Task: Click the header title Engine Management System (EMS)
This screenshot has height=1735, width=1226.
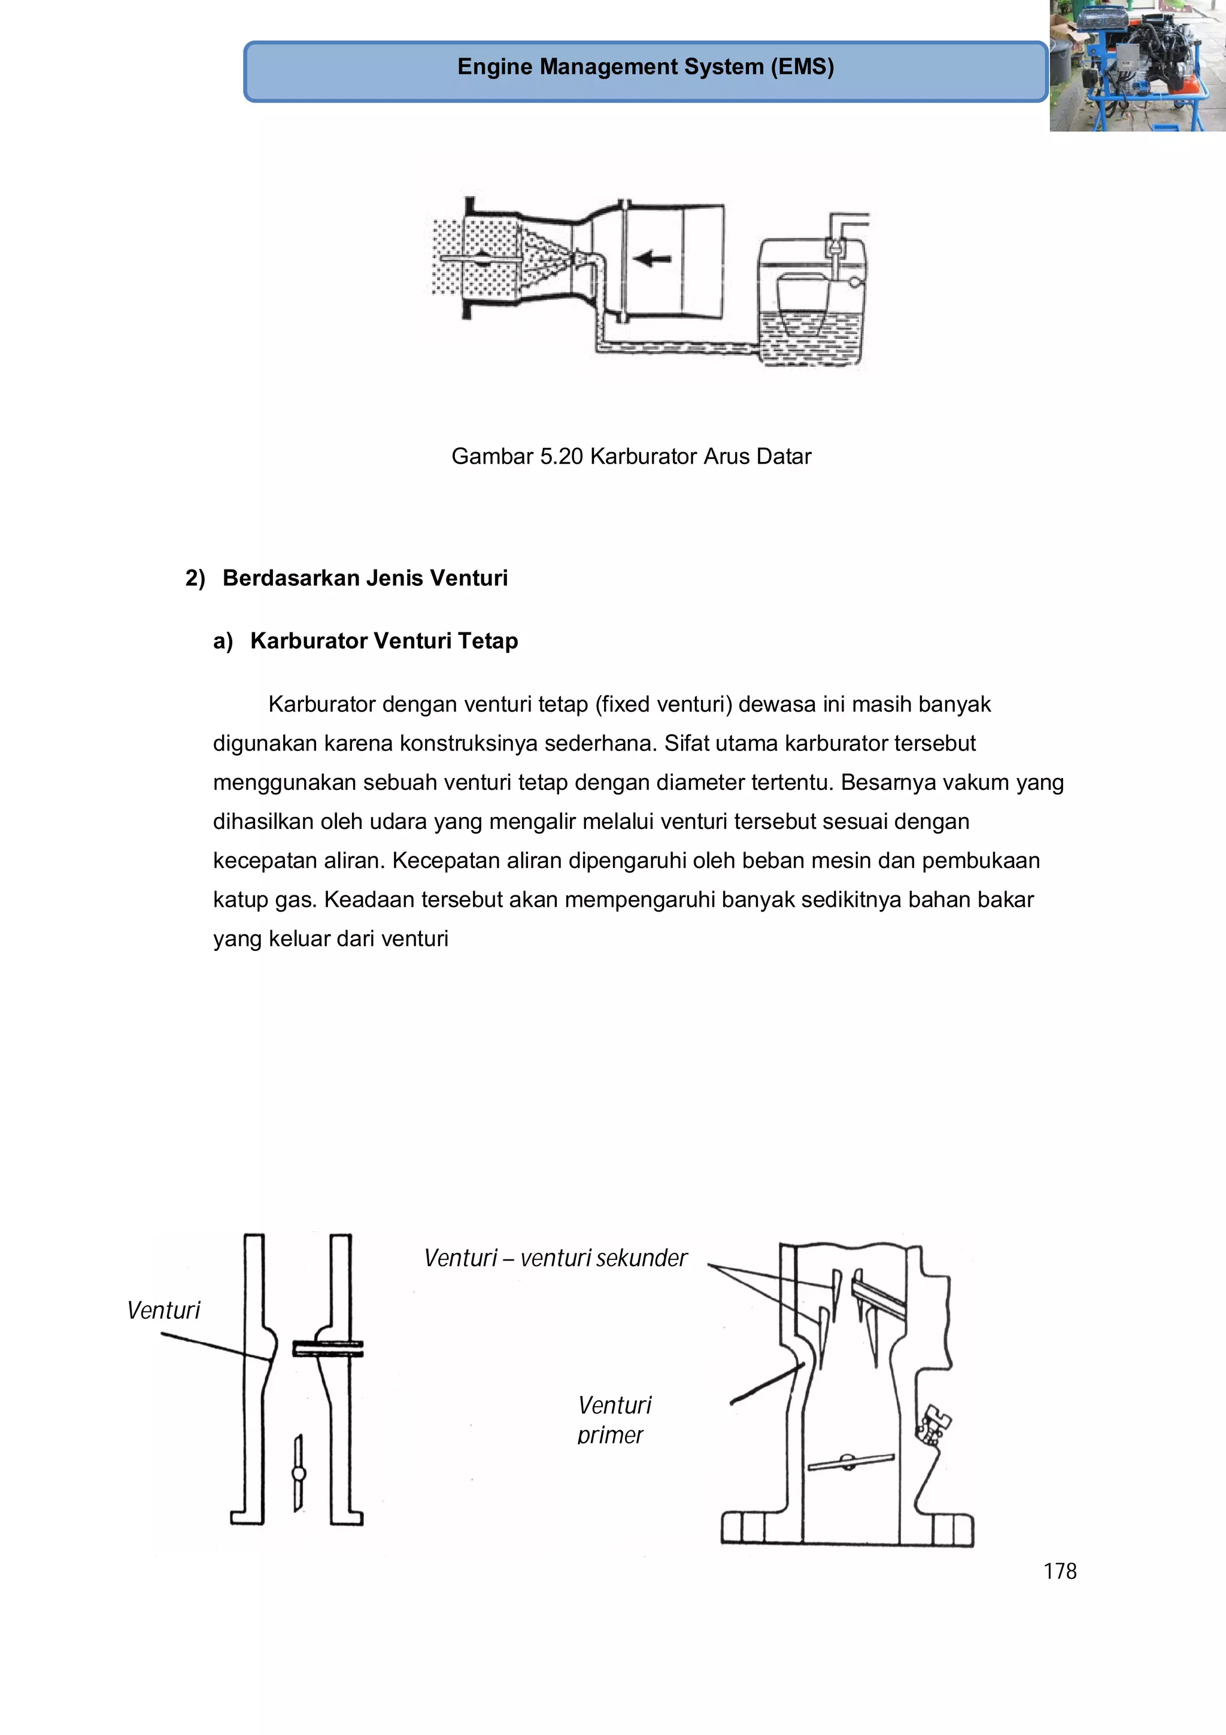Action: coord(645,67)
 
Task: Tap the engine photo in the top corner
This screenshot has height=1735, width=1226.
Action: coord(1137,66)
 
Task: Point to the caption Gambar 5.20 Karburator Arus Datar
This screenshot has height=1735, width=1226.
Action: coord(631,456)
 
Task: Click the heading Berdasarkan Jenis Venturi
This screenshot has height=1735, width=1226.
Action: coord(365,578)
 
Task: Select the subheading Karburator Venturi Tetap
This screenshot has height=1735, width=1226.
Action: coord(384,641)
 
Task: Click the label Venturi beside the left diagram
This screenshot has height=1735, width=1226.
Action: coord(163,1310)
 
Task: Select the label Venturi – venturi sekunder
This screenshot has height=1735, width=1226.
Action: coord(555,1258)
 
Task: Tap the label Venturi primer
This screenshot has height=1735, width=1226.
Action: coord(614,1420)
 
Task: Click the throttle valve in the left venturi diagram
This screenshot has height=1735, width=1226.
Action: coord(298,1473)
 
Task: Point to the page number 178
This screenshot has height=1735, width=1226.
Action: coord(1059,1572)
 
